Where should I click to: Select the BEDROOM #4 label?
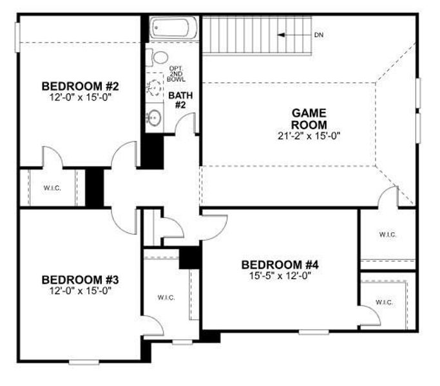click(280, 264)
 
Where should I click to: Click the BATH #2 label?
click(177, 101)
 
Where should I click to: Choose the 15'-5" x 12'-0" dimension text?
click(280, 275)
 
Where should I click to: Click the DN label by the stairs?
click(318, 34)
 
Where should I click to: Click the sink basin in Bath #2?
click(153, 118)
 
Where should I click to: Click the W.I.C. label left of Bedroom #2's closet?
click(52, 188)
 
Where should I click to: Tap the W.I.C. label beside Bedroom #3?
click(166, 297)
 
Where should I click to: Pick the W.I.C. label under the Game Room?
click(388, 235)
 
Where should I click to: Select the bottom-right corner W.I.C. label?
click(385, 302)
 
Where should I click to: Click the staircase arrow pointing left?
click(294, 34)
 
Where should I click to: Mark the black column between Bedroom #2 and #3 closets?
click(95, 187)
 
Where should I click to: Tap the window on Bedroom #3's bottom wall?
click(84, 362)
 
